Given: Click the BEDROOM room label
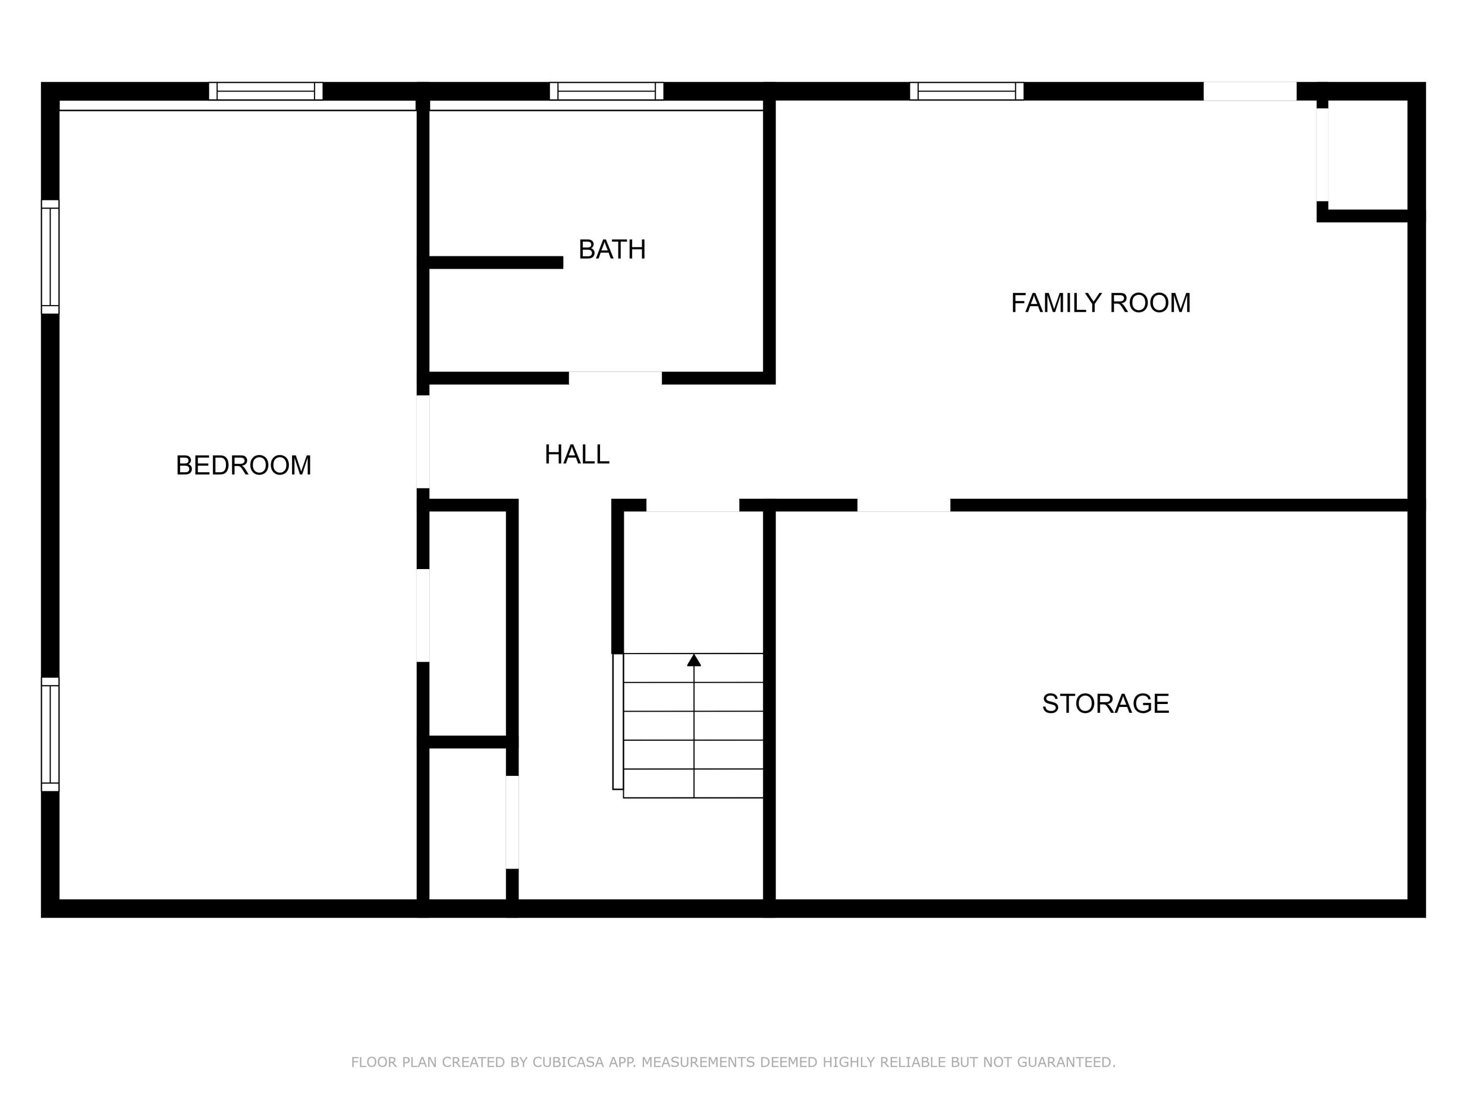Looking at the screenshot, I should coord(244,465).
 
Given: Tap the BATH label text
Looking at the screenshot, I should coord(611,249).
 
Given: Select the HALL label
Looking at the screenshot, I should coord(577,455).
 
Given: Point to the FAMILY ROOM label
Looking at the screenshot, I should coord(1100,303).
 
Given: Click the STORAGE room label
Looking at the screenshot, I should coord(1105,704).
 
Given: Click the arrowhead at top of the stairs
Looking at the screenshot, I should coord(694,660).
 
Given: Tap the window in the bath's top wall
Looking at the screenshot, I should coord(606,91).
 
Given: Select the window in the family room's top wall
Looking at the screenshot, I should coord(966,91).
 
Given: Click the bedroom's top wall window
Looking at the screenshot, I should coord(265,91).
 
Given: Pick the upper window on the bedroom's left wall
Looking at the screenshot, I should coord(50,257).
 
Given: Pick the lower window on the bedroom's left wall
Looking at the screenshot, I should coord(50,734).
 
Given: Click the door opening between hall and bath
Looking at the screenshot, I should coord(615,378).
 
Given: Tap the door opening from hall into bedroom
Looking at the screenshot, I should coord(422,441).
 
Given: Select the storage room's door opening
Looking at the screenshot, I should coord(903,505).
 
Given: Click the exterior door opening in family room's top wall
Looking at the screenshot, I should coord(1249,91).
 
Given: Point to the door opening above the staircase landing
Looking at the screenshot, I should coord(692,505).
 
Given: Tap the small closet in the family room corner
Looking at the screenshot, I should coord(1366,156).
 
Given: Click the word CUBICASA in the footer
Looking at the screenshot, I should coord(568,1062).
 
